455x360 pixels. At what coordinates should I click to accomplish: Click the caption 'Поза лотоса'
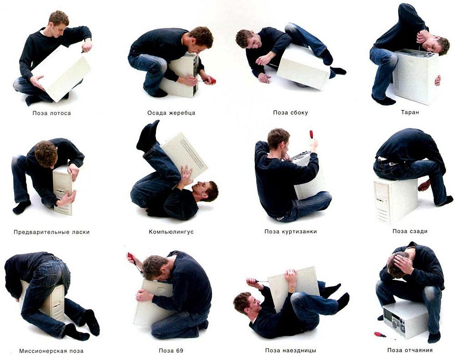coord(52,113)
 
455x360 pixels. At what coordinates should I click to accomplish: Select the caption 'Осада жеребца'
coord(171,113)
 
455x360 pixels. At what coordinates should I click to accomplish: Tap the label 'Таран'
coord(410,112)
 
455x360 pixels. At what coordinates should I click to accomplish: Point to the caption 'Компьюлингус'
coord(171,232)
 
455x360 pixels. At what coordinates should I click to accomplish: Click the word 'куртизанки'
coord(299,232)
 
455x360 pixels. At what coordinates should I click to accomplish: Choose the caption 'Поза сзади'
coord(410,231)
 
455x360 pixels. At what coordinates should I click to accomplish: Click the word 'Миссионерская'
coord(39,351)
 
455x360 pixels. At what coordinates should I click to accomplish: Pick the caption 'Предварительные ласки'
coord(52,232)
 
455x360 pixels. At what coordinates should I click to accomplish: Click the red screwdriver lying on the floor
coord(385,335)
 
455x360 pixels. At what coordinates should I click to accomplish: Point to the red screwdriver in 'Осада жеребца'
coord(209,81)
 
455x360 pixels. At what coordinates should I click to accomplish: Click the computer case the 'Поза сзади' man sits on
coord(395,201)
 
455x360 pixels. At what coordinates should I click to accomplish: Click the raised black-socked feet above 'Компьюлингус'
coord(148,136)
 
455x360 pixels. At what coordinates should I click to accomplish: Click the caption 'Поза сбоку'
coord(290,113)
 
